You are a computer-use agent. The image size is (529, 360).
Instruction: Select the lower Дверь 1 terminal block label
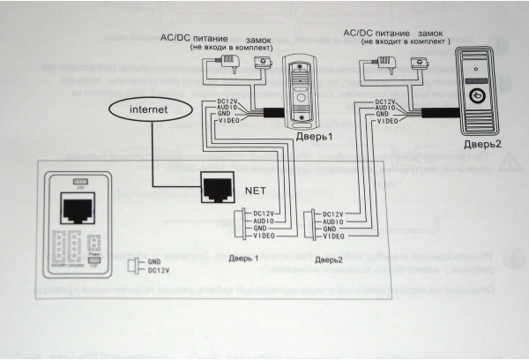click(x=244, y=259)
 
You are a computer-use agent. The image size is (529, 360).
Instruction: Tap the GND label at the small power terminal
click(x=154, y=261)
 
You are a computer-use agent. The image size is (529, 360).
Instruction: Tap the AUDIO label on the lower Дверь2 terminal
click(x=333, y=221)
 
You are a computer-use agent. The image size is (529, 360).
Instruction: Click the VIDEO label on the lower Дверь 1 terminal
click(x=263, y=236)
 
